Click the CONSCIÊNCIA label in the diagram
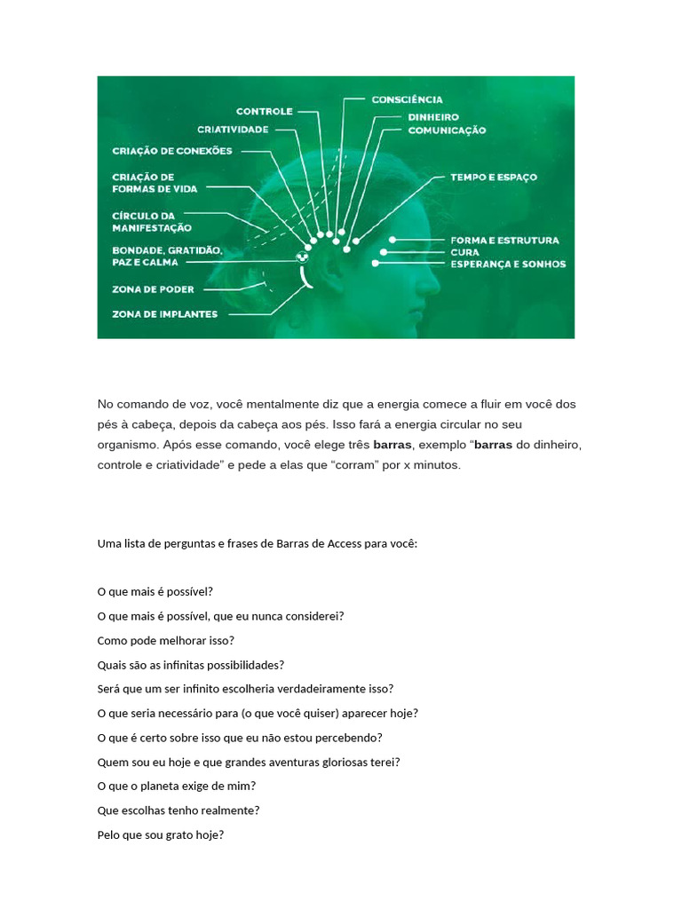point(407,99)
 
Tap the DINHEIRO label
point(432,116)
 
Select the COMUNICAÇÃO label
point(447,130)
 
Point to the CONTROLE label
point(264,112)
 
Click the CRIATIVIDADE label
point(233,130)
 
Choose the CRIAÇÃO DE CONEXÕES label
point(172,151)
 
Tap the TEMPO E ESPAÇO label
point(493,178)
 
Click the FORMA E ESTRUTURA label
point(504,241)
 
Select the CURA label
point(464,252)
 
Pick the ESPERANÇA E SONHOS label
point(507,265)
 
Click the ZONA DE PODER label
point(153,289)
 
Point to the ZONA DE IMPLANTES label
point(164,314)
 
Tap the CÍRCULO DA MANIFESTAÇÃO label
point(151,222)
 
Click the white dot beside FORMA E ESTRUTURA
point(392,240)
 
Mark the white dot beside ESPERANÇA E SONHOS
point(377,264)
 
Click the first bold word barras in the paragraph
point(392,444)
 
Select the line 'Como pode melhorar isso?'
point(165,640)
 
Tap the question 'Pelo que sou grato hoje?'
point(160,834)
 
